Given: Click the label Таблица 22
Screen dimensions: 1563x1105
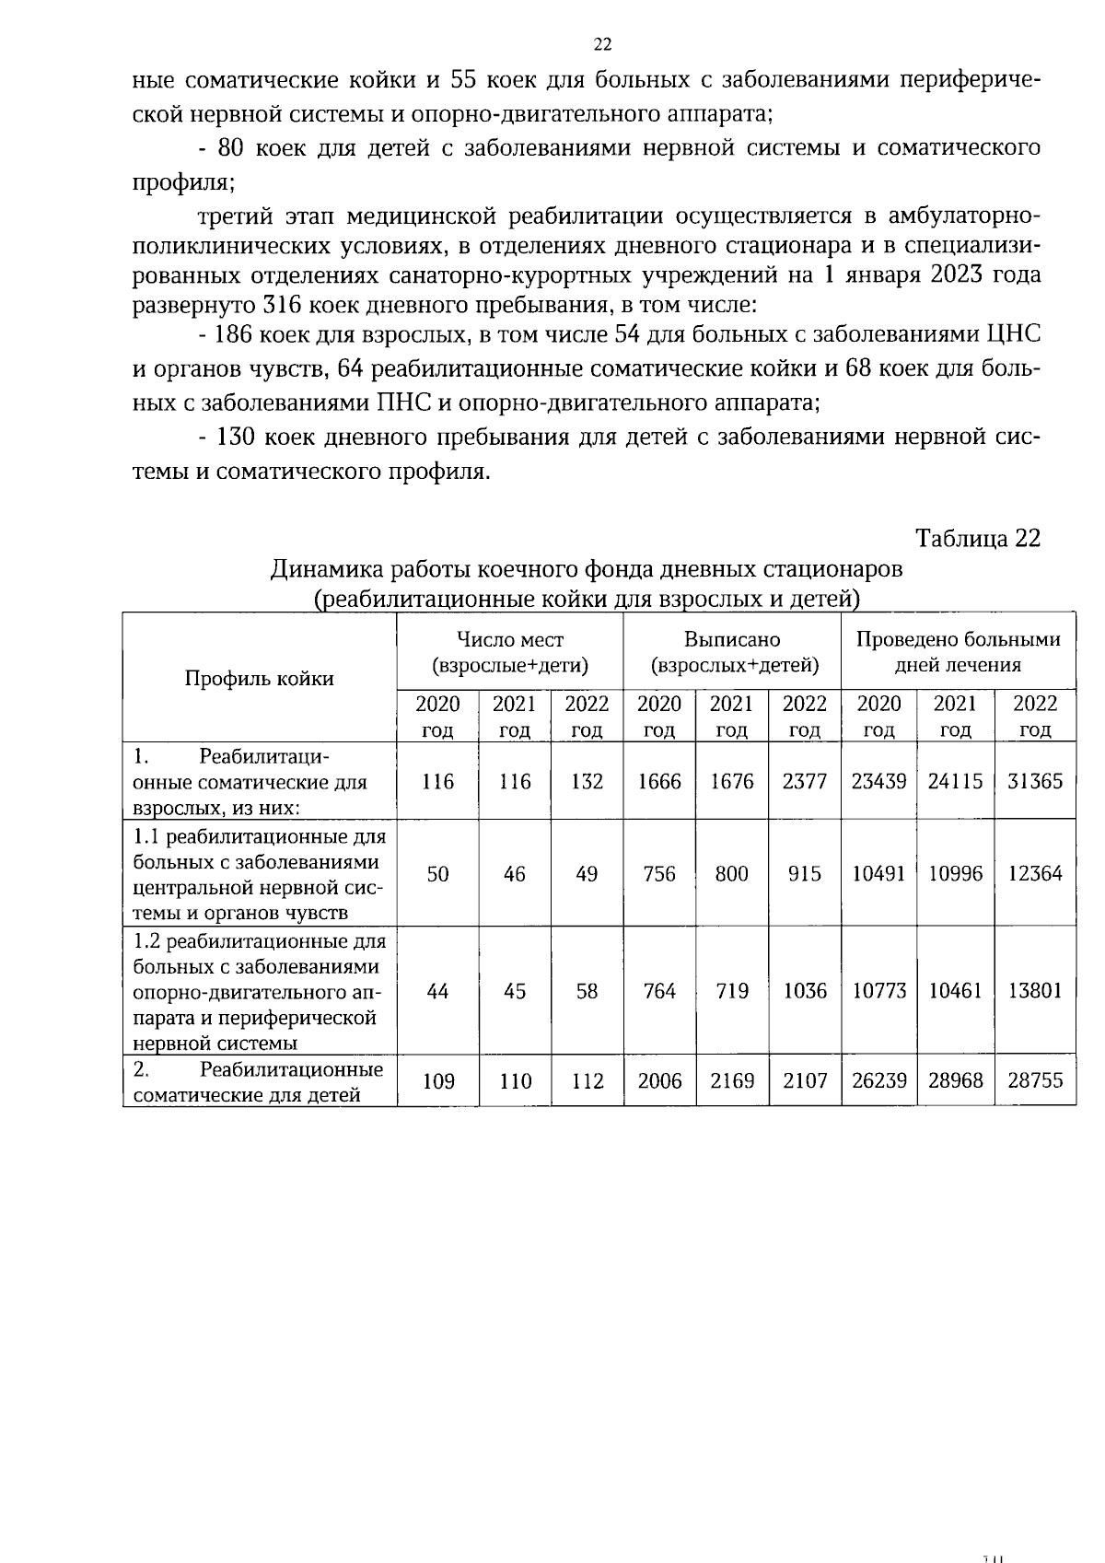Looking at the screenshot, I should [977, 539].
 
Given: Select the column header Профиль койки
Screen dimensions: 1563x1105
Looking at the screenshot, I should [259, 679].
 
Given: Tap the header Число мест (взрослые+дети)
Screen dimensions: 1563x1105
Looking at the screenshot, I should [510, 651].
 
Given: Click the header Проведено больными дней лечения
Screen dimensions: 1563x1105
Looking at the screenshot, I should [958, 651].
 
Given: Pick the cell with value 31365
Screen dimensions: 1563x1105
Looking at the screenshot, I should [1035, 781].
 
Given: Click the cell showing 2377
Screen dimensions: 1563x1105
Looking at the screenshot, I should [805, 781].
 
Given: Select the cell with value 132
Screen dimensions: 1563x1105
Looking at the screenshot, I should [587, 781].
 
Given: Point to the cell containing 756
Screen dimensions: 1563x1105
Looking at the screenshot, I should [659, 873].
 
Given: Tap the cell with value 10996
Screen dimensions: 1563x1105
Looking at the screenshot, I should [955, 873].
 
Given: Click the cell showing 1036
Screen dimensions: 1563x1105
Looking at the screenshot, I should [805, 991].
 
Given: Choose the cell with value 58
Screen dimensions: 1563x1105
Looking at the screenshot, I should [587, 991].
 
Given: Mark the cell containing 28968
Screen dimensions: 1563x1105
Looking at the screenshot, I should [955, 1080].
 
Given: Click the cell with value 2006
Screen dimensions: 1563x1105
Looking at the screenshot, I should [659, 1080].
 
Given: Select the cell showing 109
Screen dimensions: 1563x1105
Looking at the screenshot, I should [438, 1080].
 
